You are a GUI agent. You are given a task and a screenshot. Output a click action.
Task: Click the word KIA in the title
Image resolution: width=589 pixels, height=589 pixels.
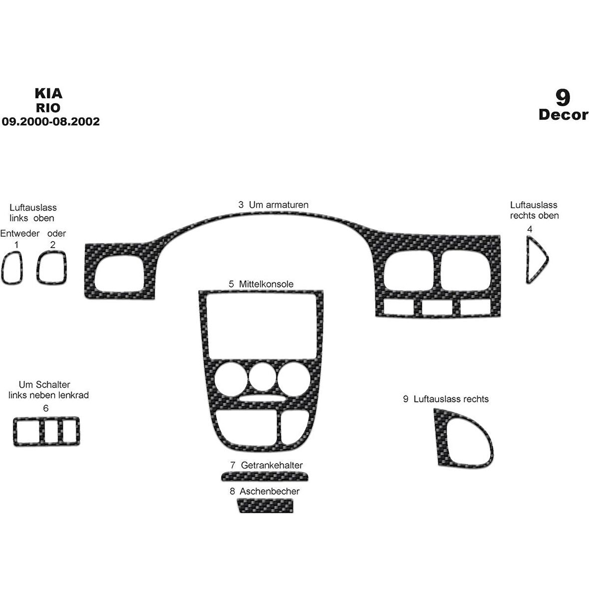pyautogui.click(x=48, y=93)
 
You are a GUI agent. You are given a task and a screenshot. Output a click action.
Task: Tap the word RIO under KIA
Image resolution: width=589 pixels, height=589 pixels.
pyautogui.click(x=48, y=108)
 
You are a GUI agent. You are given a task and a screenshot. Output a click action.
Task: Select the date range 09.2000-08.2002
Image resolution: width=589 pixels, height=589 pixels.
pyautogui.click(x=51, y=121)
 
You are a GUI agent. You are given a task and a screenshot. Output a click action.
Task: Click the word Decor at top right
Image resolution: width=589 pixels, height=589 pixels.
pyautogui.click(x=563, y=115)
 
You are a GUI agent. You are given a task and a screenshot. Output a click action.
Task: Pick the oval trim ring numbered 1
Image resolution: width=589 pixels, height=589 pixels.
pyautogui.click(x=12, y=268)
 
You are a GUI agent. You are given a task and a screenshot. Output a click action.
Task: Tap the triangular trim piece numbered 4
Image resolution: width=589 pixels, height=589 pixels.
pyautogui.click(x=537, y=260)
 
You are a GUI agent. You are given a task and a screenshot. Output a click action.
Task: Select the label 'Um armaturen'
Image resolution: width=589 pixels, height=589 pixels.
pyautogui.click(x=279, y=205)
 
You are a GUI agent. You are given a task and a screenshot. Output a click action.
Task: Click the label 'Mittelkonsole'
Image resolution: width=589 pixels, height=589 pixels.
pyautogui.click(x=266, y=284)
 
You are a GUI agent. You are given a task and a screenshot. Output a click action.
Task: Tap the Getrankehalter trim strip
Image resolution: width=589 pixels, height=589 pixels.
pyautogui.click(x=265, y=476)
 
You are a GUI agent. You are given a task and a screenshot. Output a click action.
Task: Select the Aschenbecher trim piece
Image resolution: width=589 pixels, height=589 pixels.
pyautogui.click(x=266, y=506)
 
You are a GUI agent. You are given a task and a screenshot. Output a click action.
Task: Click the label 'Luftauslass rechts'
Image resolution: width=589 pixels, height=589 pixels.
pyautogui.click(x=451, y=399)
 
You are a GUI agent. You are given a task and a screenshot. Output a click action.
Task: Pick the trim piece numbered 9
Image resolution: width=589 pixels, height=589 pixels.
pyautogui.click(x=463, y=438)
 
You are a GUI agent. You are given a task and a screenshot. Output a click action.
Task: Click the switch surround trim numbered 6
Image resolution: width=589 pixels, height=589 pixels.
pyautogui.click(x=46, y=431)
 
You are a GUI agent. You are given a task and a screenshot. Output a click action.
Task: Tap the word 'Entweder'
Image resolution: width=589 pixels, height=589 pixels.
pyautogui.click(x=20, y=233)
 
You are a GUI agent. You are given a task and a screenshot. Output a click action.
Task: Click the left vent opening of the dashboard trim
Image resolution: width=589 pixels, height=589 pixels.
pyautogui.click(x=119, y=274)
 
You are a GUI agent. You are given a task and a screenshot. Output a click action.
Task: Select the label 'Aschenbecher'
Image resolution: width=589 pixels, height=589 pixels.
pyautogui.click(x=270, y=491)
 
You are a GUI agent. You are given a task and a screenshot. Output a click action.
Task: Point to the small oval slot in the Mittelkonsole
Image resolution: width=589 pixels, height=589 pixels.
pyautogui.click(x=262, y=398)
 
